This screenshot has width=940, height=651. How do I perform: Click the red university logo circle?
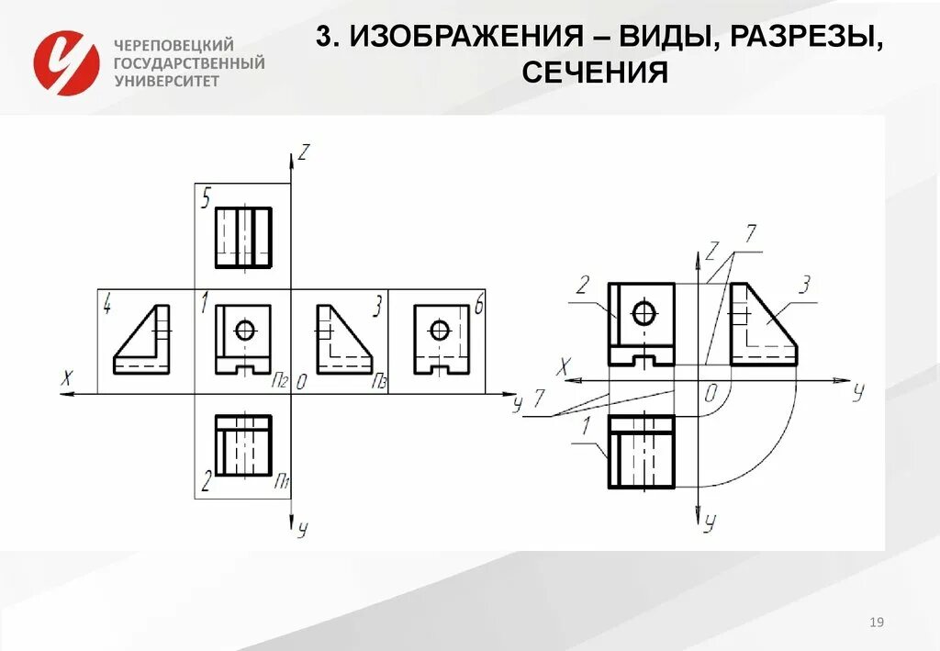tap(65, 62)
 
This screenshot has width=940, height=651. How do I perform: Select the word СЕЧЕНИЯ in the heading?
tap(594, 72)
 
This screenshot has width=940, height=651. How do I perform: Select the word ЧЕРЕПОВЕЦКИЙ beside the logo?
tap(174, 45)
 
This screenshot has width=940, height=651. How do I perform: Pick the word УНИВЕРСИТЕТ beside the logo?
tap(167, 81)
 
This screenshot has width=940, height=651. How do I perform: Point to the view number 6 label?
tap(477, 306)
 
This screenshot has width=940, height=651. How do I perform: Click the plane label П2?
tap(279, 380)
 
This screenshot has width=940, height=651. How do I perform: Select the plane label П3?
tap(377, 380)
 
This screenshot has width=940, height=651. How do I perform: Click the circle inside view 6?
tap(440, 330)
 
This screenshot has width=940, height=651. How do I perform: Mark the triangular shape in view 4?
tap(143, 340)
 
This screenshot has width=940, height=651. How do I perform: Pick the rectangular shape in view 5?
tap(243, 237)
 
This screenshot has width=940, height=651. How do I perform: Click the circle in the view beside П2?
tap(245, 330)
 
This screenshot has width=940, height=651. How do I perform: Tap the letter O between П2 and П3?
tap(300, 382)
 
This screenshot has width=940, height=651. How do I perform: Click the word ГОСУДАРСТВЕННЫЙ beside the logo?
tap(189, 63)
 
